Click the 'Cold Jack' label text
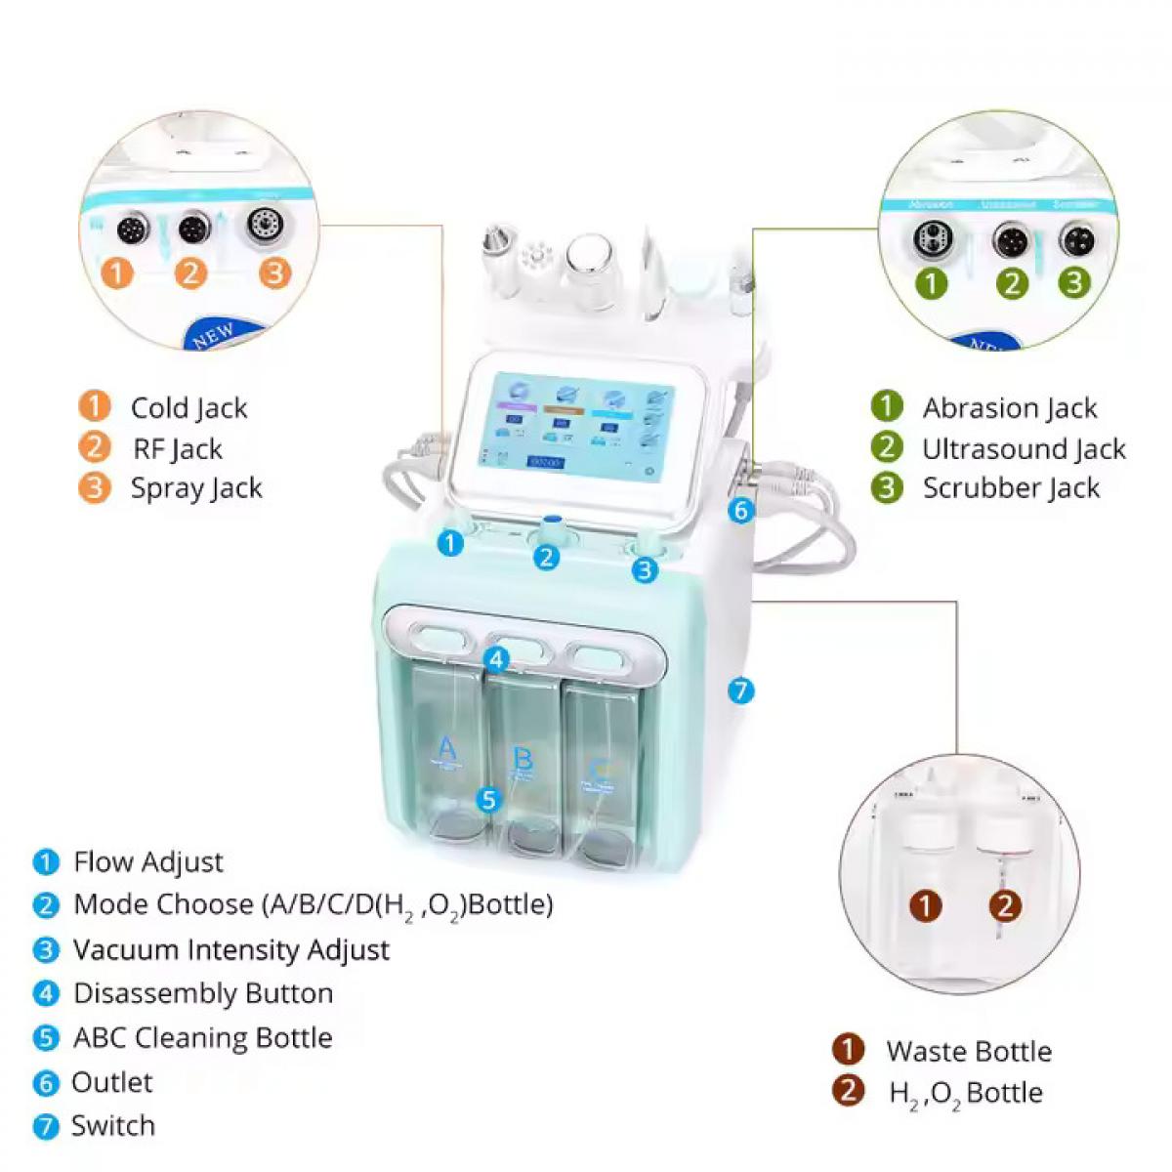[x=188, y=407]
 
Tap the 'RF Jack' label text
[x=178, y=448]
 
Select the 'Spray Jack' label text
[x=196, y=488]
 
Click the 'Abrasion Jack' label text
[x=1010, y=407]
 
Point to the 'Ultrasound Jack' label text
[x=1024, y=448]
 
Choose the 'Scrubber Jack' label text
[x=1011, y=488]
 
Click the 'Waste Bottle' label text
[x=969, y=1051]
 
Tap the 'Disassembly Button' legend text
[x=203, y=993]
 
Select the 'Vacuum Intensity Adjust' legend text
[x=231, y=949]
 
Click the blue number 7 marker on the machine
[x=741, y=691]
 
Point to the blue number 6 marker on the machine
[x=741, y=510]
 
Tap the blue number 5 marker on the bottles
[x=489, y=800]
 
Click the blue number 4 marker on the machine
[x=497, y=660]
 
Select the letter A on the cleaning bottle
[x=446, y=748]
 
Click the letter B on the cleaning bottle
[x=523, y=758]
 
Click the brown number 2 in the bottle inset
[x=1005, y=905]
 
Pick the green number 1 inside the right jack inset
[x=931, y=283]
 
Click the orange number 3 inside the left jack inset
[x=275, y=272]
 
